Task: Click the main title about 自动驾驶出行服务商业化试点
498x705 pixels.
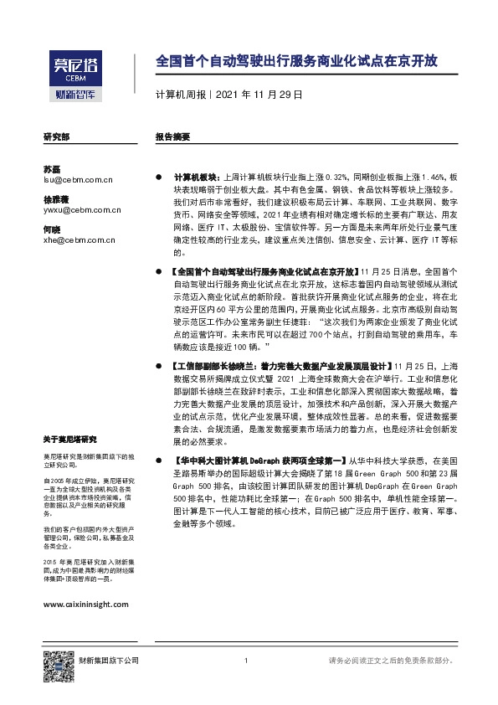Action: (296, 62)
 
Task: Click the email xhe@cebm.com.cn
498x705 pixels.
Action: (79, 240)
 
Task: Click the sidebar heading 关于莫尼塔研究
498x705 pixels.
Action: (69, 440)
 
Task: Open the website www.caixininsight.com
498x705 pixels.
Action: (85, 604)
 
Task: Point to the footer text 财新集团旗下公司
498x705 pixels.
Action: (109, 661)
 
